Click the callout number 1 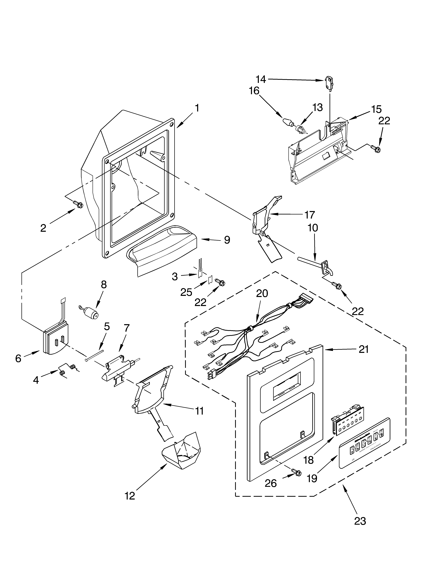[x=197, y=108]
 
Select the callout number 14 [x=261, y=79]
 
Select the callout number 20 [x=262, y=294]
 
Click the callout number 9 [x=227, y=240]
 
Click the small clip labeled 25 [x=210, y=280]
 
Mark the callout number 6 [x=18, y=358]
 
